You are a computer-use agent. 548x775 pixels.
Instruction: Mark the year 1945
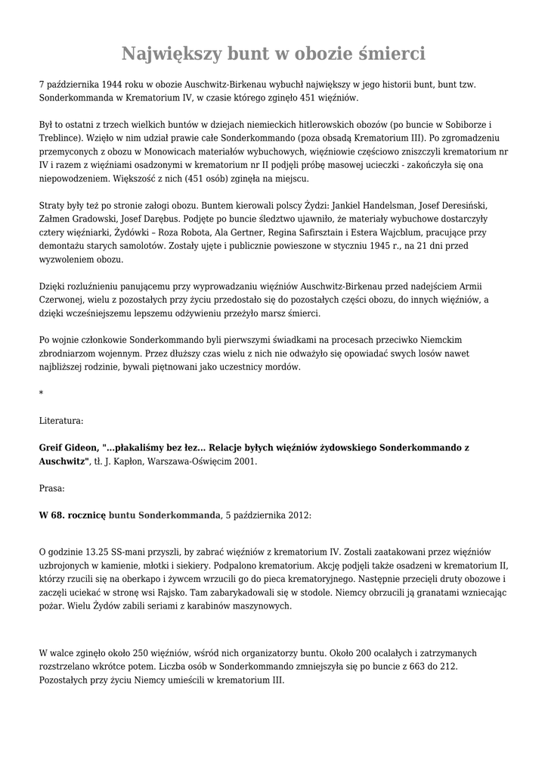click(382, 247)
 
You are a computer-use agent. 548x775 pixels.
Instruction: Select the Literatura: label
click(61, 420)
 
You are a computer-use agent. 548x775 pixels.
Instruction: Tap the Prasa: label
click(52, 489)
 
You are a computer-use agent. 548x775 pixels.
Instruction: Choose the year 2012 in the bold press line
click(295, 515)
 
